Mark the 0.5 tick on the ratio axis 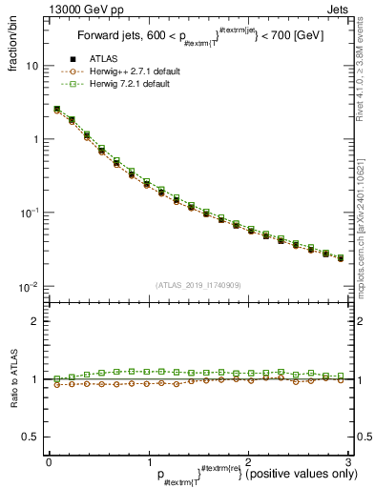[31, 437]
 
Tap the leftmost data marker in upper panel [56, 110]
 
